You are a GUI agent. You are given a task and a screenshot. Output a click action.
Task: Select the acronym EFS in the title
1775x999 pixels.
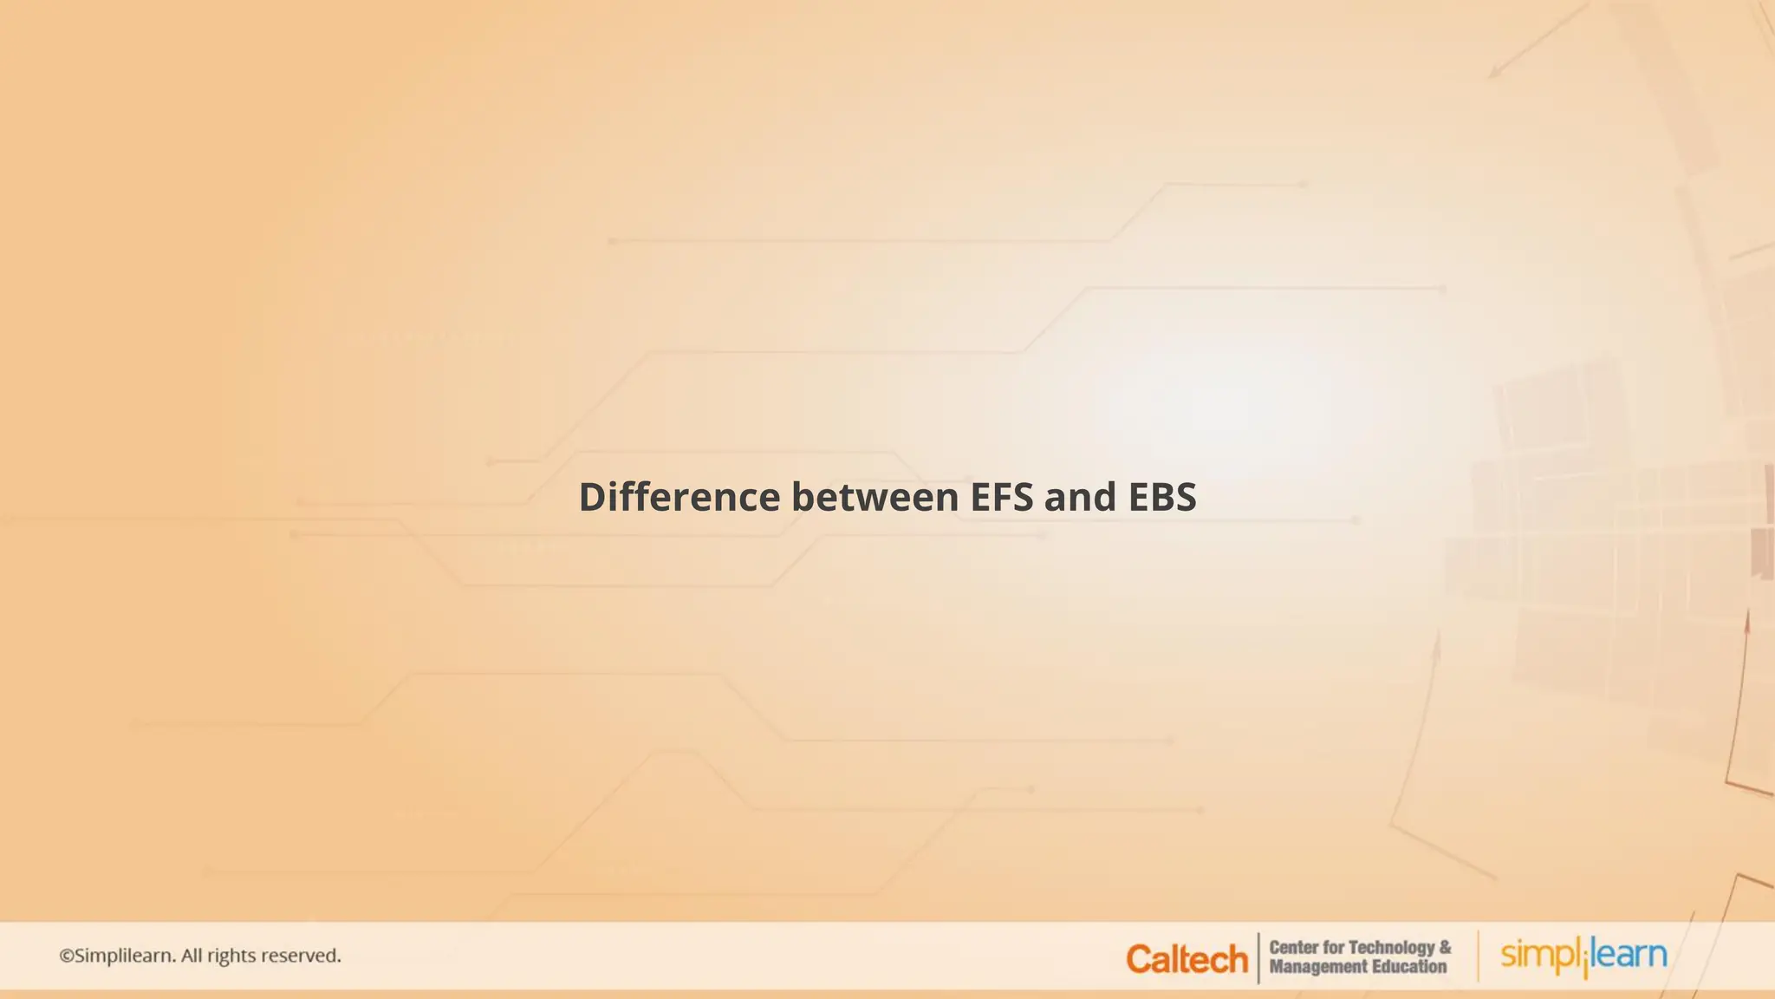tap(1001, 497)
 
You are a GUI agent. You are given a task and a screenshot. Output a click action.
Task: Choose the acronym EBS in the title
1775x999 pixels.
tap(1162, 497)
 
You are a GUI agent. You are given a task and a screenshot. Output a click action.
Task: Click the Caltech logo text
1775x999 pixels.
tap(1187, 959)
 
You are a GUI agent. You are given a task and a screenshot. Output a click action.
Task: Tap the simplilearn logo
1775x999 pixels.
tap(1583, 956)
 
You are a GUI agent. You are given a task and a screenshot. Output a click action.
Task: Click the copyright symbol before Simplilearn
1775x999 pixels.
tap(67, 956)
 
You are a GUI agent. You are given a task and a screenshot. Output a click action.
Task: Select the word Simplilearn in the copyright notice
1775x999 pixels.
tap(125, 956)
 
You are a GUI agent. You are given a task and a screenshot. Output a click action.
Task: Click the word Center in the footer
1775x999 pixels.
tap(1294, 947)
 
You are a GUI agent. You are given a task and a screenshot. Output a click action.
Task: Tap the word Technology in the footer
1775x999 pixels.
tap(1392, 947)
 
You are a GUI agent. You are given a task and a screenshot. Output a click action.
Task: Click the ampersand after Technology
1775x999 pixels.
tap(1445, 947)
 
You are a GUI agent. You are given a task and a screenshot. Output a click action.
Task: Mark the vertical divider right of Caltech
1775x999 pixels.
tap(1258, 957)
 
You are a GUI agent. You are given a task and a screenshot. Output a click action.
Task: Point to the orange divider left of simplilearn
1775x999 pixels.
tap(1478, 956)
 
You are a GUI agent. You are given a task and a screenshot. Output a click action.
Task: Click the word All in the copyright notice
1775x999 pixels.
tap(191, 956)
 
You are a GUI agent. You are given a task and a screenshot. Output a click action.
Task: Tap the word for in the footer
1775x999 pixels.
tap(1335, 947)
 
